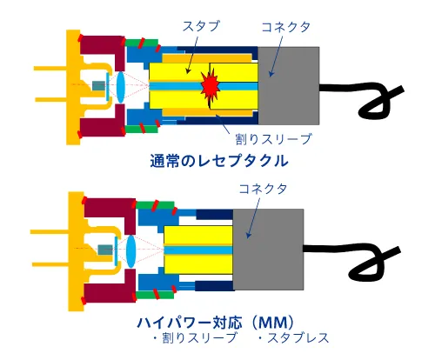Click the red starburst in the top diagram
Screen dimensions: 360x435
pyautogui.click(x=210, y=85)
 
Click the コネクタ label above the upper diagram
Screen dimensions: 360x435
pyautogui.click(x=275, y=26)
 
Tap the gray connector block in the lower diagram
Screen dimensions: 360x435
pyautogui.click(x=267, y=250)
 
